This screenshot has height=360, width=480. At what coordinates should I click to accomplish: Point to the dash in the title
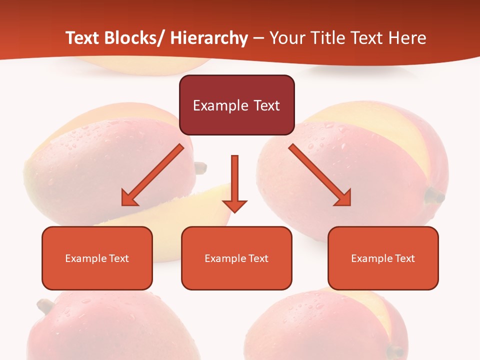pos(258,38)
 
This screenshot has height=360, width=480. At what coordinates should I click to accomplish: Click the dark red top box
pos(236,105)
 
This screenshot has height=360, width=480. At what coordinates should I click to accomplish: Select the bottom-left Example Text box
pos(97,258)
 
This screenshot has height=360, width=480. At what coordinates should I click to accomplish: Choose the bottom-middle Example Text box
pos(236,258)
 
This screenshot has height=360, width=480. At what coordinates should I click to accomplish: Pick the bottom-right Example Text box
pos(383,258)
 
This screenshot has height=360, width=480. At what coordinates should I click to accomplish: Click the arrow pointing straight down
pos(234,182)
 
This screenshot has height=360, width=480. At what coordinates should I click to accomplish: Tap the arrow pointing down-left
pos(152,175)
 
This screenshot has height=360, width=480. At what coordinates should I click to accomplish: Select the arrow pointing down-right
pos(320,175)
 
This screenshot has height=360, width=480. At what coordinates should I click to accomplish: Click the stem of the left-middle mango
pos(200,168)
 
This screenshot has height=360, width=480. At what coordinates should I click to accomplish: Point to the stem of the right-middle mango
pos(434,196)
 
